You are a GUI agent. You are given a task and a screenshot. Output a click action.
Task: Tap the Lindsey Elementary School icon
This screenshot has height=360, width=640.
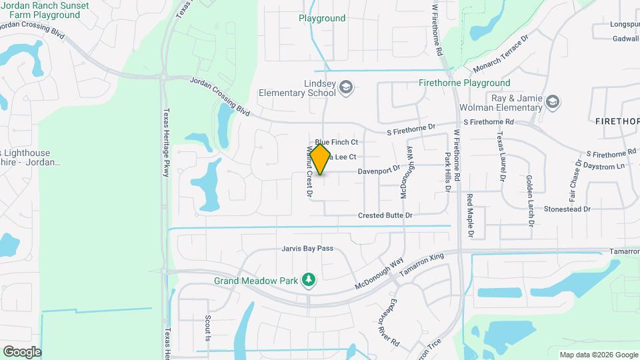coord(346,87)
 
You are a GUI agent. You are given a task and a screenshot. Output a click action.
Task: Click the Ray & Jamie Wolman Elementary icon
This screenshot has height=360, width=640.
coord(552,102)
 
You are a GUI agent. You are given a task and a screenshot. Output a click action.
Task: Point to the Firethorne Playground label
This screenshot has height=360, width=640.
coord(464,83)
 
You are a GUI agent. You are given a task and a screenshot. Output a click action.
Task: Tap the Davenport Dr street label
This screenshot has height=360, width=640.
coord(379,171)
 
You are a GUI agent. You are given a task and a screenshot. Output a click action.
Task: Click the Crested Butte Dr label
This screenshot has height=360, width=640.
coord(385,215)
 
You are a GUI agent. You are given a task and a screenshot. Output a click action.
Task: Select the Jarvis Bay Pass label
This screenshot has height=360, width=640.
coord(307,249)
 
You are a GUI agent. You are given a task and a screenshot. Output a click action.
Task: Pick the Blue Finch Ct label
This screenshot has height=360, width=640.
coord(337,142)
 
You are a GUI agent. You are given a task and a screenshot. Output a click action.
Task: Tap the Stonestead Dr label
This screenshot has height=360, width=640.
coord(567,209)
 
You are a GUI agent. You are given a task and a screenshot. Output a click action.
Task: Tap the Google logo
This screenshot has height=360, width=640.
coord(22,352)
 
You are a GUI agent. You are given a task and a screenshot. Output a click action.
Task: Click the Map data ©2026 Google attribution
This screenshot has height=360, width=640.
coord(598,355)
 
